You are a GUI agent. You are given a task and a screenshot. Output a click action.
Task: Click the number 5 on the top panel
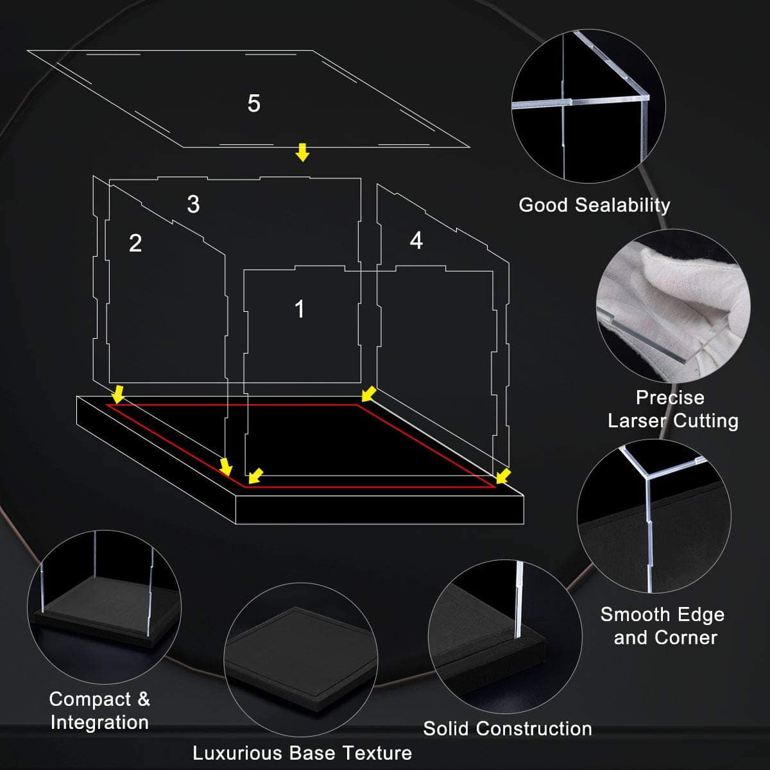(x=253, y=103)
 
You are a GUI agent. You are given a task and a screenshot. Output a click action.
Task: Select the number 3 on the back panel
(x=193, y=204)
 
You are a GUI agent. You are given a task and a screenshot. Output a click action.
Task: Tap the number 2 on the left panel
(x=135, y=243)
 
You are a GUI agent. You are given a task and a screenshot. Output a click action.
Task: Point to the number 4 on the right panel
(x=416, y=241)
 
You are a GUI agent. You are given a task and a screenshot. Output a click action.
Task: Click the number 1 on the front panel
(x=300, y=309)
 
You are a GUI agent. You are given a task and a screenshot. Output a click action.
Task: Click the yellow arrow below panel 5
(x=302, y=152)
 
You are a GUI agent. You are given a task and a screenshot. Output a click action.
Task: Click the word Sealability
(x=622, y=205)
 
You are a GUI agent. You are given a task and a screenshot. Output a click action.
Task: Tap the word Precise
(x=670, y=398)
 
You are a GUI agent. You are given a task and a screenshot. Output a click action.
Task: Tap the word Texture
(x=377, y=753)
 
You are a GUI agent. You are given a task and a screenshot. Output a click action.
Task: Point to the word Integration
(x=100, y=723)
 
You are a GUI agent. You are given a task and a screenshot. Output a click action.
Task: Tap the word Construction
(x=534, y=728)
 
